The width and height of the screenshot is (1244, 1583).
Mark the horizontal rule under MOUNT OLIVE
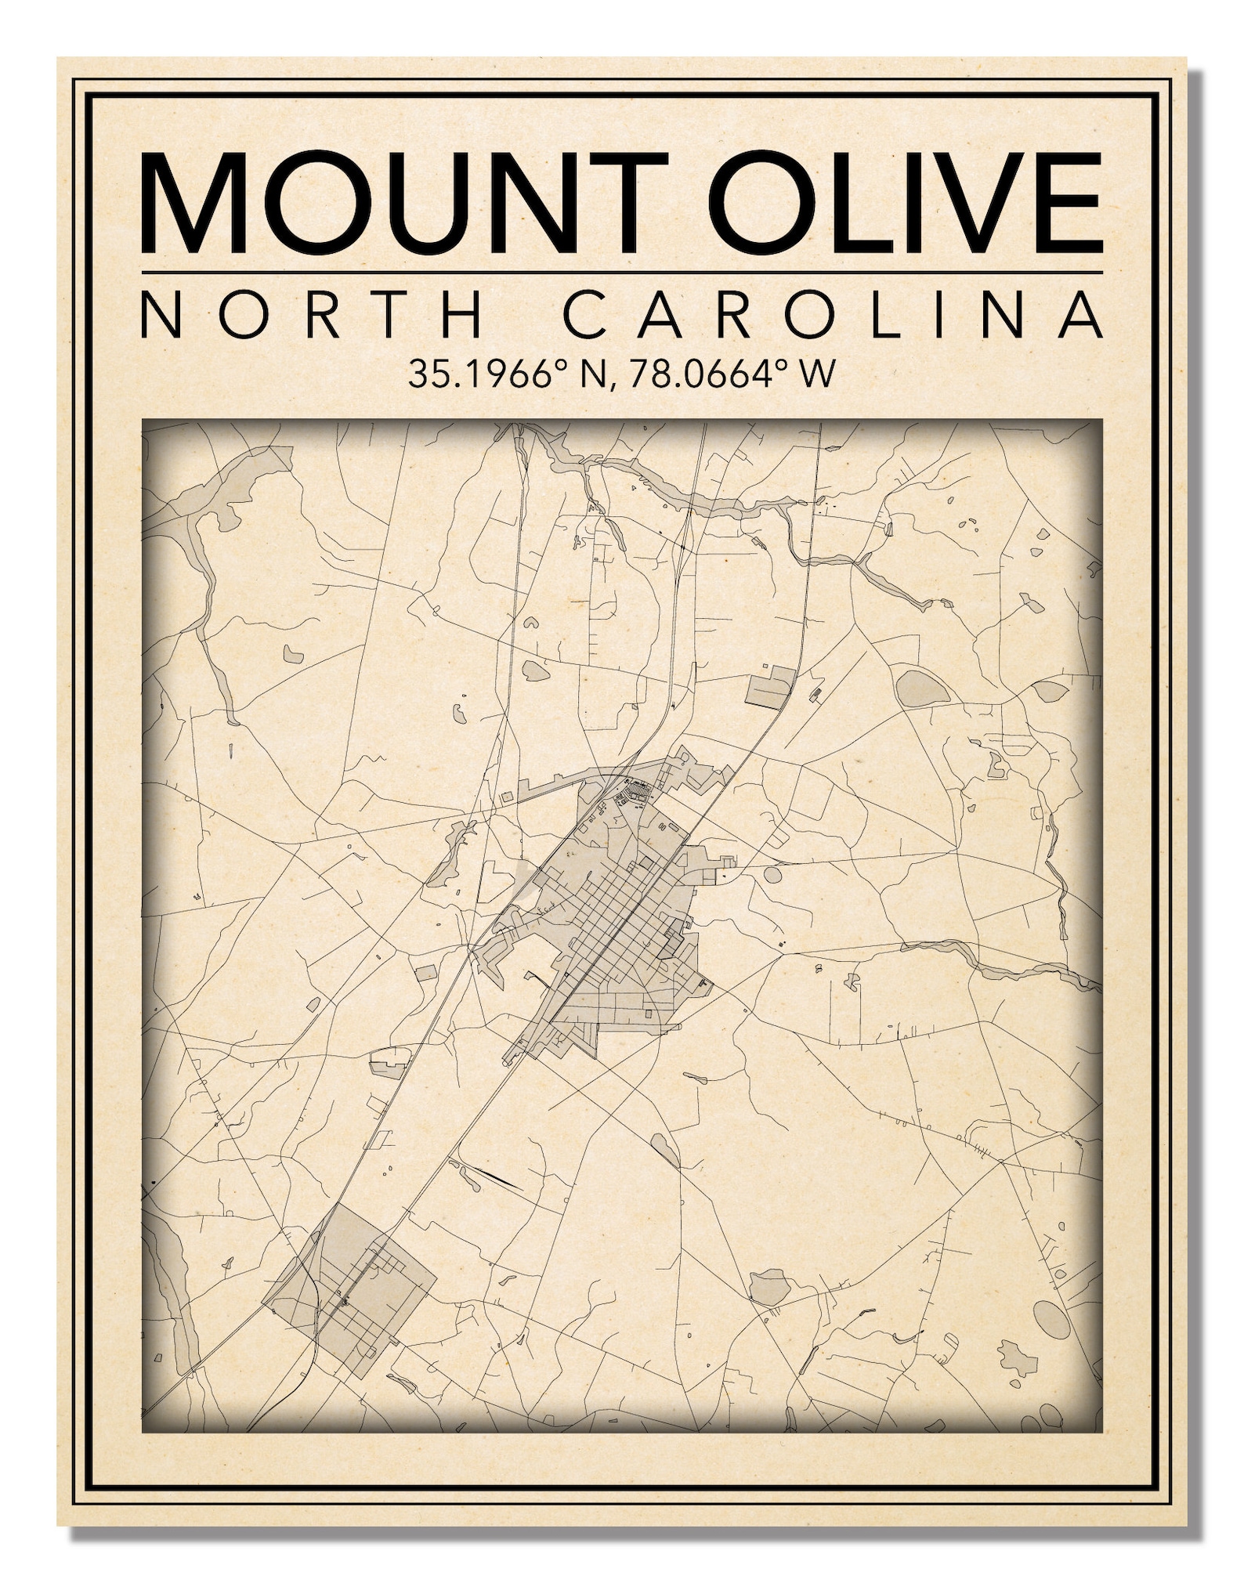(x=622, y=272)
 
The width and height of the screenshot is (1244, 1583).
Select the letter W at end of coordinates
(x=813, y=374)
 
